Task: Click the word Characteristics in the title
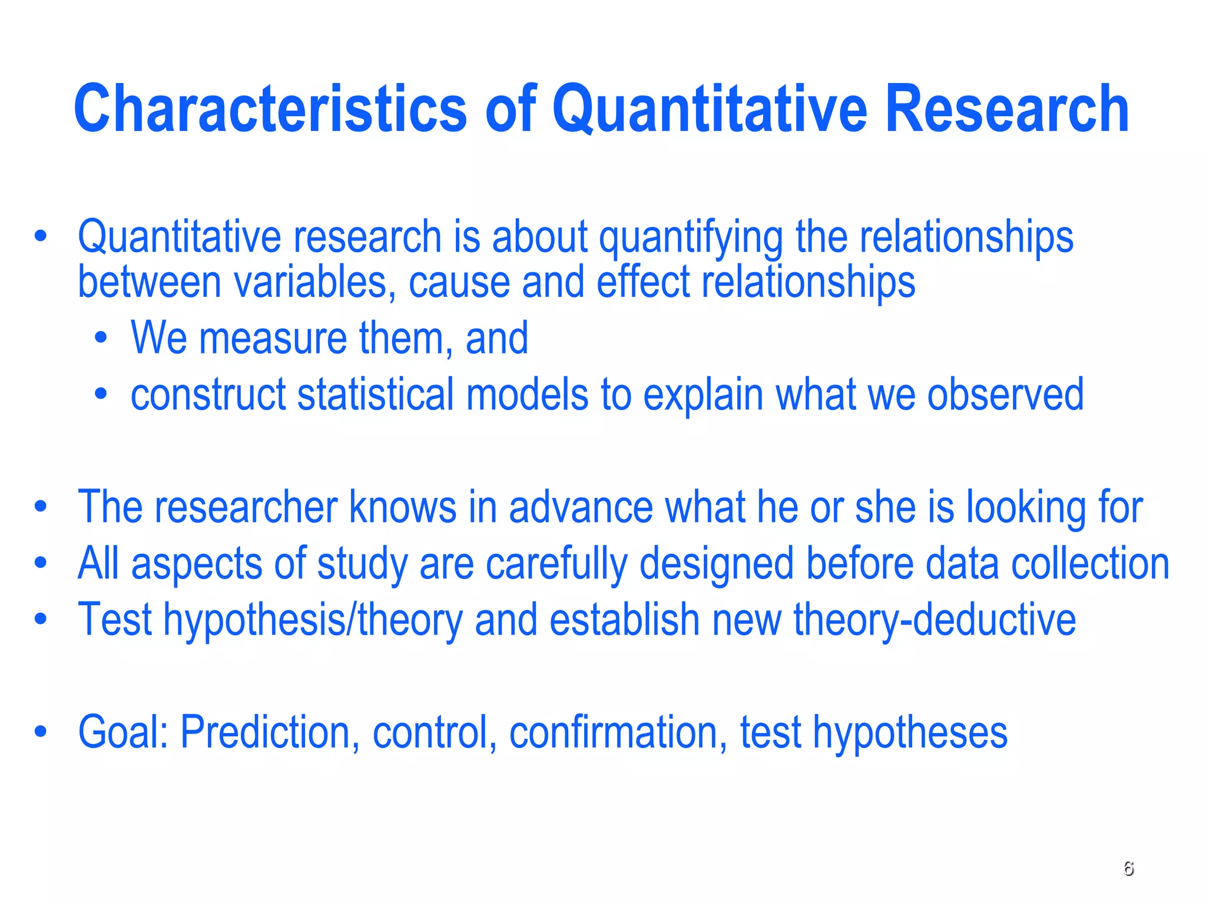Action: point(270,109)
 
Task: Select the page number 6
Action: point(1128,868)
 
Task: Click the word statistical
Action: point(376,395)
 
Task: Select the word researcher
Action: point(246,507)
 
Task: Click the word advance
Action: point(581,507)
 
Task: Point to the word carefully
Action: point(556,564)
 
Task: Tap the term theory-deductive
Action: point(935,620)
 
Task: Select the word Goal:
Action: point(124,732)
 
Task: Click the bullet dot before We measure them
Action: point(101,339)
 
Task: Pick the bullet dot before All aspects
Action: point(40,563)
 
